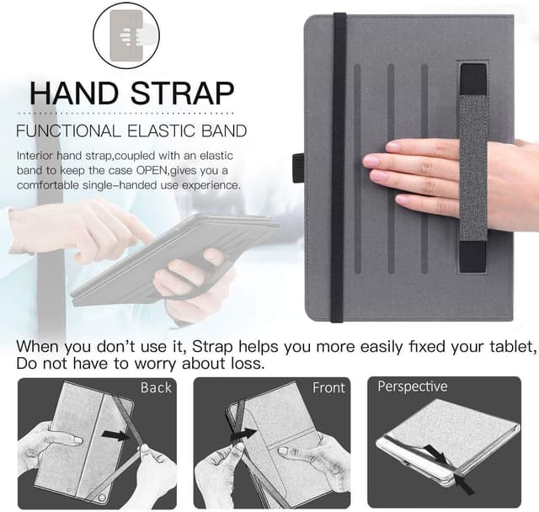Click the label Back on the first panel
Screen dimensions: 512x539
click(156, 387)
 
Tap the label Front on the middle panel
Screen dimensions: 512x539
click(328, 387)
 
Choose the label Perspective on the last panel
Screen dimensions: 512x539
click(413, 387)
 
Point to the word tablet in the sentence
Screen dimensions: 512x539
click(510, 347)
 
